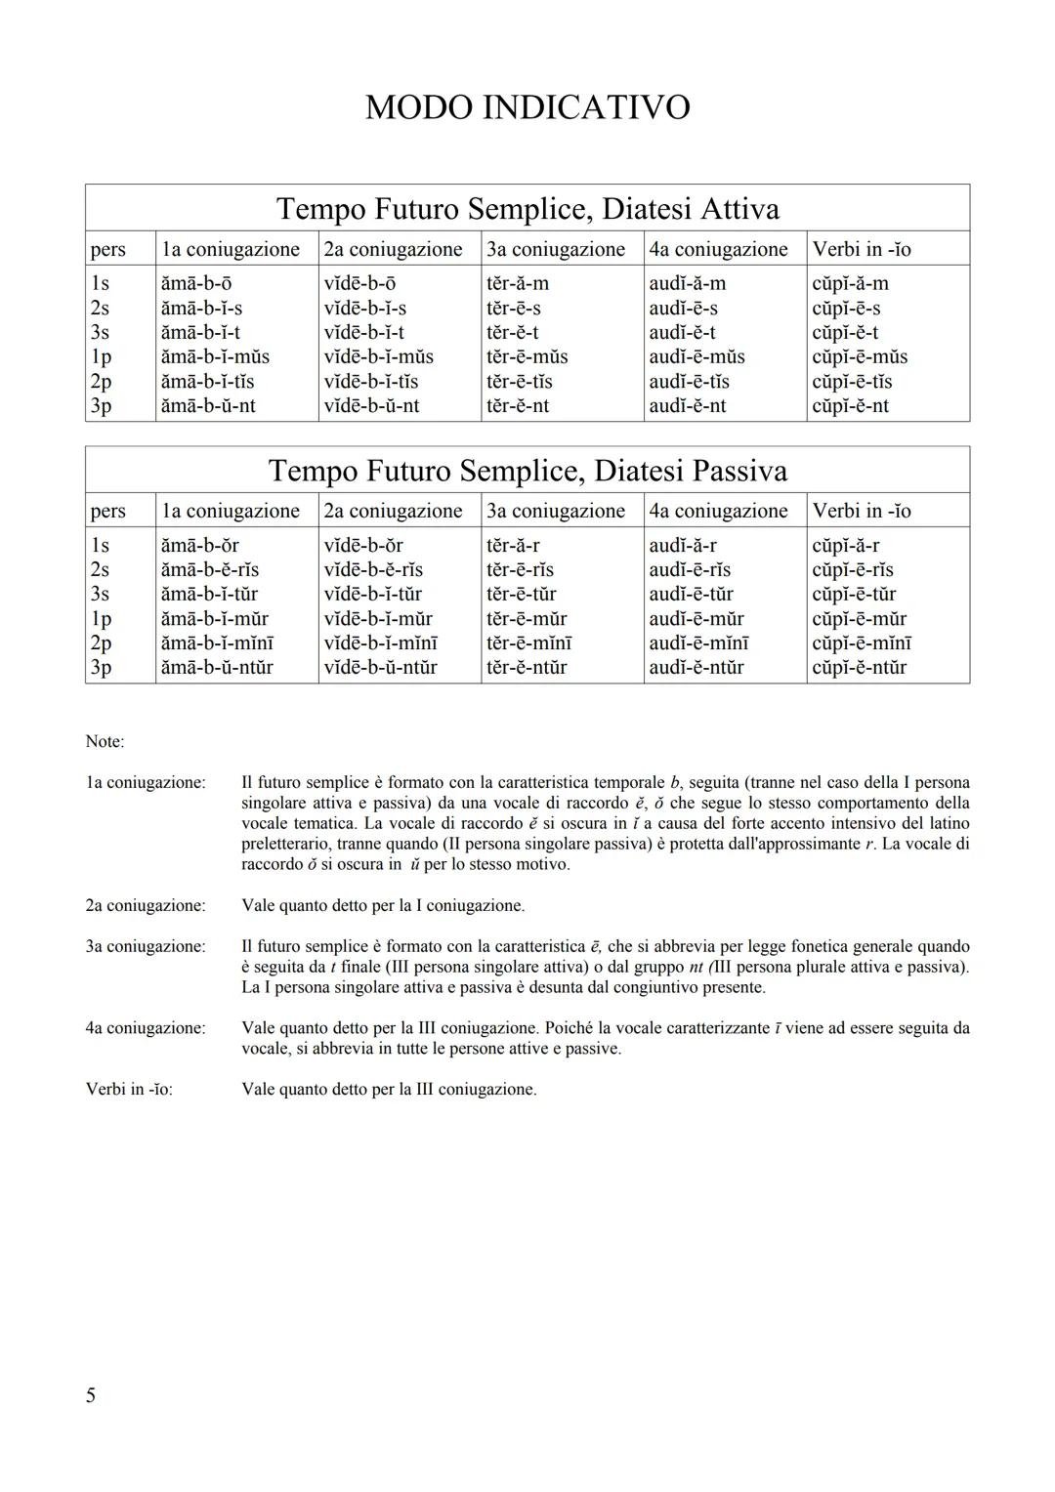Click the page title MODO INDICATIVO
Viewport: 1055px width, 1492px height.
pos(527,107)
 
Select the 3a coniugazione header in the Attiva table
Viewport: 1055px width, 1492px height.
pos(556,249)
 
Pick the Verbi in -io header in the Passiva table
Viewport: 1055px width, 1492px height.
pos(862,511)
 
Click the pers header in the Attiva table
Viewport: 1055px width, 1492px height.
pos(107,249)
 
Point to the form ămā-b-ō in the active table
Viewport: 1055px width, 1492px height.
pos(196,283)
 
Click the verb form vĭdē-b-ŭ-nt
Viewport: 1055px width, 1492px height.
pos(371,405)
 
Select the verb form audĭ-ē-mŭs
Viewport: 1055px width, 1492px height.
pos(696,356)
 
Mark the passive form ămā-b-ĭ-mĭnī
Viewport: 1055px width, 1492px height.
pos(217,642)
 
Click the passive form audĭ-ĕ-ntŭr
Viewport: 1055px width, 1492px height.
pos(696,667)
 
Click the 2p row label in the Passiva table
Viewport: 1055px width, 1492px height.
pos(101,642)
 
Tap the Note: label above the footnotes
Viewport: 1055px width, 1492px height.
pos(105,741)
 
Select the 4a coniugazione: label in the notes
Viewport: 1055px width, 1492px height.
pos(146,1027)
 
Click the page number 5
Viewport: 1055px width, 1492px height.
pos(91,1395)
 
